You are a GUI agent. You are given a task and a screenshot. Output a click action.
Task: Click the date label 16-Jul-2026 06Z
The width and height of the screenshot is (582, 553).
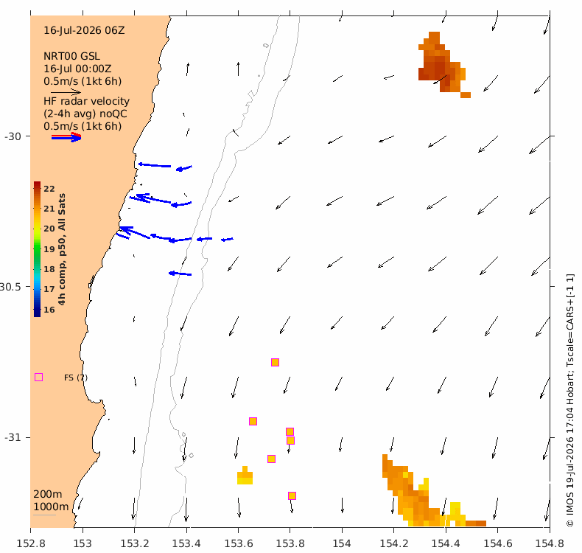(x=84, y=30)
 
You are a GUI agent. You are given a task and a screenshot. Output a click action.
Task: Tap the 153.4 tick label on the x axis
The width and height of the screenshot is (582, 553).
(x=186, y=543)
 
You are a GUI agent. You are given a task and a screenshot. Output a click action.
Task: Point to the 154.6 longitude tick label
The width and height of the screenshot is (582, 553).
(x=498, y=543)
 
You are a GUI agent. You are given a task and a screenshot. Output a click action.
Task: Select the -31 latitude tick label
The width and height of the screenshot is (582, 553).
(x=13, y=437)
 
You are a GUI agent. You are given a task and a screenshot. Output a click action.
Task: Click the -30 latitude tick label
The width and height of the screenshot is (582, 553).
(x=13, y=136)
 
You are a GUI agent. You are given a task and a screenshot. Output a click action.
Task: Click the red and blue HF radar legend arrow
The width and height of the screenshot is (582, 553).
(x=66, y=137)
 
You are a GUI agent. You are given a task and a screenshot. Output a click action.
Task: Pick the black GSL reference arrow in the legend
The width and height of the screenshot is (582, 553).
(x=66, y=92)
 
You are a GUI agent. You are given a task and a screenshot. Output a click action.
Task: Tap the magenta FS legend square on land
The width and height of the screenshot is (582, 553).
(x=38, y=378)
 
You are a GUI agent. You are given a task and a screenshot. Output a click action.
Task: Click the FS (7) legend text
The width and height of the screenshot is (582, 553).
(x=76, y=378)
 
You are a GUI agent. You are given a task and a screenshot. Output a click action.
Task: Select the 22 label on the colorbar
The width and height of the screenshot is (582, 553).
(x=49, y=189)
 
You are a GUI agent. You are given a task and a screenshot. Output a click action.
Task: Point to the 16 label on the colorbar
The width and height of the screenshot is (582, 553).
(x=49, y=310)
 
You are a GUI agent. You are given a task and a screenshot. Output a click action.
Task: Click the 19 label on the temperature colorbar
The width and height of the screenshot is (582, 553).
(x=49, y=249)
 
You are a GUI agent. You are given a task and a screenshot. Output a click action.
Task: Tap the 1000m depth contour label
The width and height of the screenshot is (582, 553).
(x=52, y=507)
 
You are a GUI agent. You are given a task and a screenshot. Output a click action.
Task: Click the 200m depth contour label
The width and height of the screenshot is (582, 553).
(x=48, y=494)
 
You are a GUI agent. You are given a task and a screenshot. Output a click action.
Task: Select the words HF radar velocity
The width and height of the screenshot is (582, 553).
(x=86, y=102)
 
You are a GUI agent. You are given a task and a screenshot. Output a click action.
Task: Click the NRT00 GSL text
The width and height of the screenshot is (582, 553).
(x=71, y=57)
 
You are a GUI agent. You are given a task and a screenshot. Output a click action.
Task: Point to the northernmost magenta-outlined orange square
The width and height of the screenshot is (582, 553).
(x=275, y=363)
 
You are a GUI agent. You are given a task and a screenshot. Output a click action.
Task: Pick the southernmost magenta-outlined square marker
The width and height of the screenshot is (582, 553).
(x=292, y=495)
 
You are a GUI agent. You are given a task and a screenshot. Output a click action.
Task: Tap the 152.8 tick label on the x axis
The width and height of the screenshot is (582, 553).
(x=31, y=543)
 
